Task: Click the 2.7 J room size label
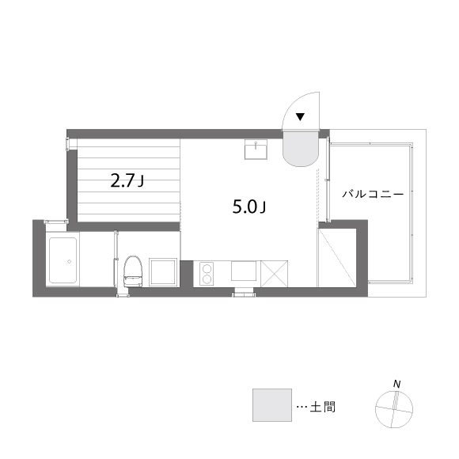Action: (127, 180)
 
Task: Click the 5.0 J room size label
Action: (249, 207)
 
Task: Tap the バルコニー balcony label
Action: (373, 194)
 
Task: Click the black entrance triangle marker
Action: (300, 117)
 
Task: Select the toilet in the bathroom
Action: (133, 271)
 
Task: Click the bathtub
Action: (63, 260)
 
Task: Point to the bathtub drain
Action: (69, 261)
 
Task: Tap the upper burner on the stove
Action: (207, 268)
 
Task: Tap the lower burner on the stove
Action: (207, 279)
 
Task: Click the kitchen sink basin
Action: (244, 271)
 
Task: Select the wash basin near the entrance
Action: (256, 150)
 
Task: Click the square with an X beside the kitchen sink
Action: (275, 274)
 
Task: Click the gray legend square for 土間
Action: (272, 405)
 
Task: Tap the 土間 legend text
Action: (323, 407)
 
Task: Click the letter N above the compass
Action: (396, 384)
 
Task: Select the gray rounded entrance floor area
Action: (300, 149)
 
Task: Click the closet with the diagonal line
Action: (337, 258)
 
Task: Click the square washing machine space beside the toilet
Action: (163, 272)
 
